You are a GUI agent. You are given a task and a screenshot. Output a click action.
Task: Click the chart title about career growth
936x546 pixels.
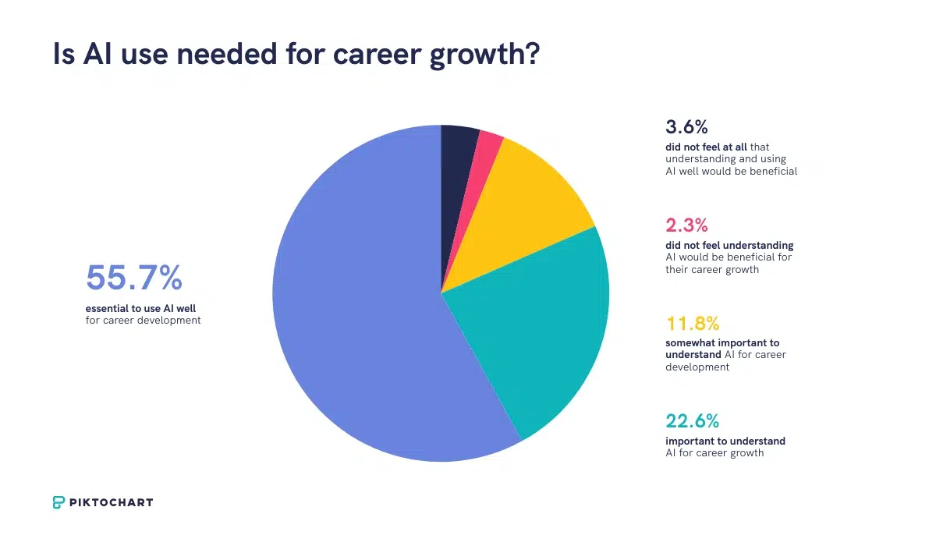tap(296, 55)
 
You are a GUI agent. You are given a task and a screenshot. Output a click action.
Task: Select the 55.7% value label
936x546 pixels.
tap(133, 278)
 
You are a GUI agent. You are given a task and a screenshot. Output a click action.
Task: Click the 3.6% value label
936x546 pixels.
tap(686, 127)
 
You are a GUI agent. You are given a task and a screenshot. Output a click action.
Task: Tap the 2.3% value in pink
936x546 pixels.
tap(686, 225)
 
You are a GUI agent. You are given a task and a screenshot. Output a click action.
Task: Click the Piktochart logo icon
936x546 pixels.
tap(59, 502)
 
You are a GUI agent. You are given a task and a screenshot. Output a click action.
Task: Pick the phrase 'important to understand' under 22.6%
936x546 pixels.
tap(725, 441)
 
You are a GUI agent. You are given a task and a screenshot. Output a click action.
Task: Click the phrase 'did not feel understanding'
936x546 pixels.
tap(729, 245)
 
